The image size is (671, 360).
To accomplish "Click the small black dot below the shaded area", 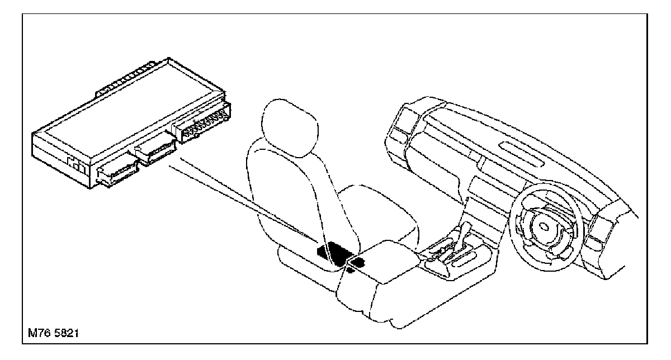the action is pyautogui.click(x=350, y=271).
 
